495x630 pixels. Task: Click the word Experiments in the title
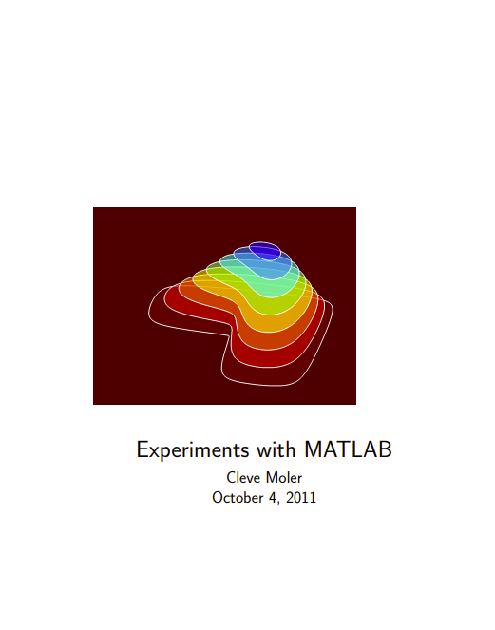pos(189,449)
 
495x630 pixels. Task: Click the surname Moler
pos(282,477)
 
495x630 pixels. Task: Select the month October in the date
pos(238,497)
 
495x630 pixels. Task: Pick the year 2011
pos(300,497)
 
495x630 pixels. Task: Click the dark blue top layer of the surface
pos(265,251)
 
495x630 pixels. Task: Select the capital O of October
pos(218,497)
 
